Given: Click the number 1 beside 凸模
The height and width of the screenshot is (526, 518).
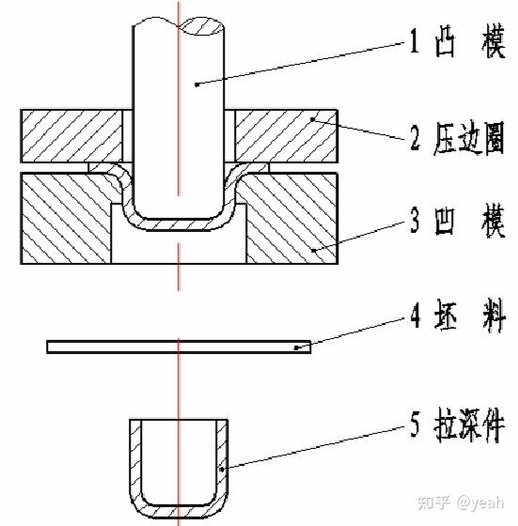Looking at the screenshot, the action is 415,40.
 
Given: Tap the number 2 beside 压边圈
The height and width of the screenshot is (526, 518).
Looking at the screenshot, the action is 415,136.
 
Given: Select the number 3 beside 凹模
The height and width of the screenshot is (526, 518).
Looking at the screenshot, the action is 415,220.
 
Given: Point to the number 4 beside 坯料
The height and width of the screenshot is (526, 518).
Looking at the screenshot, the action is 416,316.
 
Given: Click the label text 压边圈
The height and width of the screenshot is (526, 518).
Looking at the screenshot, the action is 469,138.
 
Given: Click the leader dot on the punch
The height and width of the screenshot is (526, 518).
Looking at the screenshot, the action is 197,85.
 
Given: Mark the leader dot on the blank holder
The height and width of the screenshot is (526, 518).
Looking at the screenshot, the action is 312,119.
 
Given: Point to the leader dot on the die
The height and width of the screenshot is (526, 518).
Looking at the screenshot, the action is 313,250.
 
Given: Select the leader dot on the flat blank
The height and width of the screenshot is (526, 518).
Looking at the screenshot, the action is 296,348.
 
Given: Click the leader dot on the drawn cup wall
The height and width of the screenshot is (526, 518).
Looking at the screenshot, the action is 222,469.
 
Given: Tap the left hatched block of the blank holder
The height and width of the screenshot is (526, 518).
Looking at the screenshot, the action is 71,136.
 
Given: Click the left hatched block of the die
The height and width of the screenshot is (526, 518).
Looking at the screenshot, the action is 66,218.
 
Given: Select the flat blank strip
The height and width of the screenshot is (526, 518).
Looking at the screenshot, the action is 179,347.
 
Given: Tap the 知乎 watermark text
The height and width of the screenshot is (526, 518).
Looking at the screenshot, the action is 433,503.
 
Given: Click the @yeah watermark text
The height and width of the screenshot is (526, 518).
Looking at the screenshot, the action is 480,503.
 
